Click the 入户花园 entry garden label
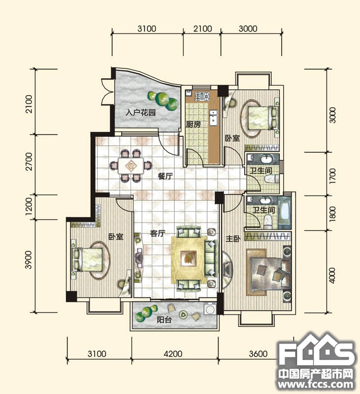[x=140, y=113]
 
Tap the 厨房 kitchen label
[x=193, y=124]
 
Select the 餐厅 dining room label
[x=165, y=176]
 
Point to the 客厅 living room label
[x=158, y=233]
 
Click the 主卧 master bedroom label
[x=233, y=238]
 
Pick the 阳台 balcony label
[x=164, y=320]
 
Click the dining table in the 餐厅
[x=131, y=165]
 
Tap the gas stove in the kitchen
[x=202, y=96]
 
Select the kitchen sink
[x=214, y=117]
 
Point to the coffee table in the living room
[x=189, y=258]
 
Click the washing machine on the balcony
[x=210, y=309]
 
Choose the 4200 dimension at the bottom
[x=173, y=354]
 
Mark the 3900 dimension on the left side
[x=29, y=260]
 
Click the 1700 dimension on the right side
[x=332, y=176]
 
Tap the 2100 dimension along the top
[x=202, y=29]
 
